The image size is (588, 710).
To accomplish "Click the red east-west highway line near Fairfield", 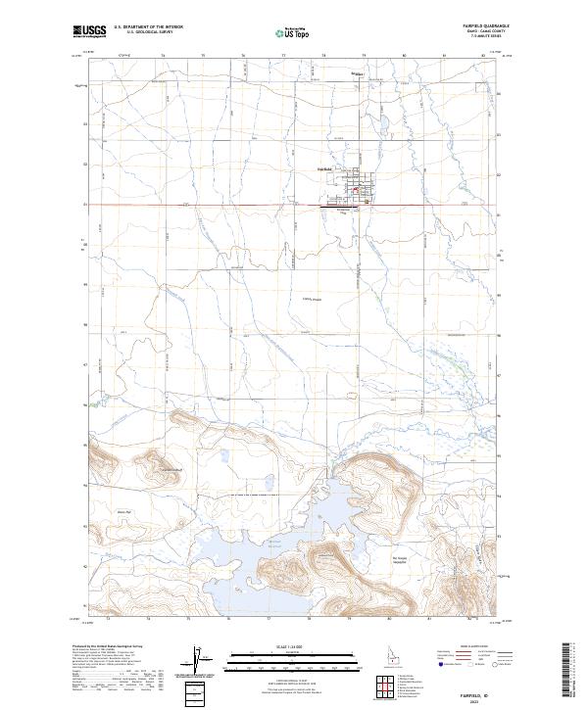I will click(x=245, y=205).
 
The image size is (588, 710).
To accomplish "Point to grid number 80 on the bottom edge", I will click(x=390, y=620).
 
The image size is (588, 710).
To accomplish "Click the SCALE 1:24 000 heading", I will click(x=293, y=647).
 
